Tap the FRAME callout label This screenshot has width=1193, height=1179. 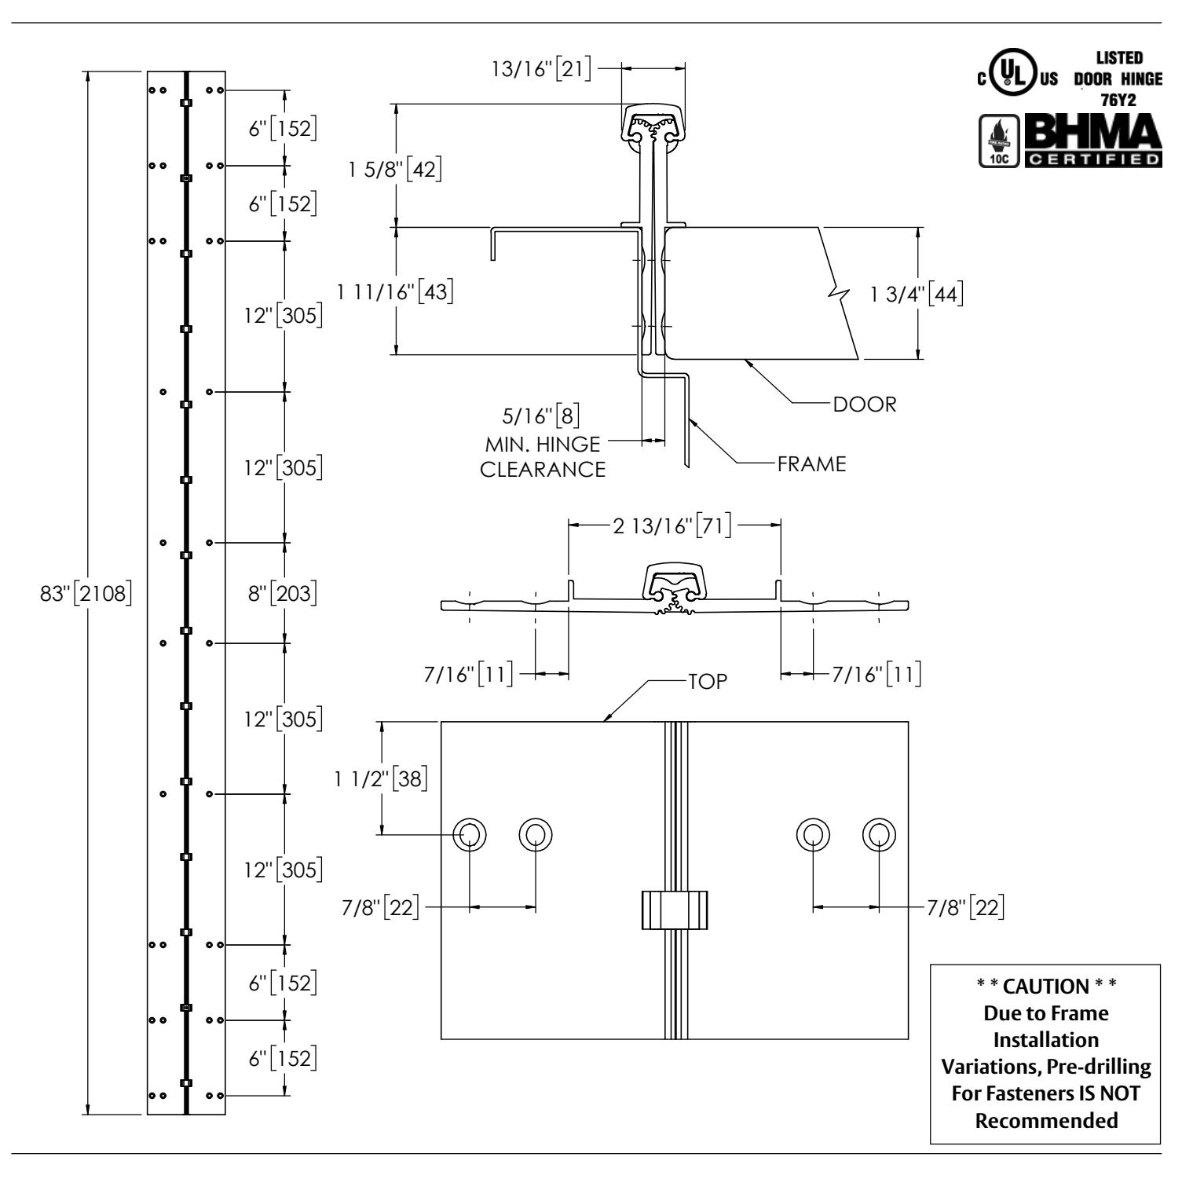tap(812, 464)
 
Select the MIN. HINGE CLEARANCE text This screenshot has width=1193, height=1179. tap(543, 457)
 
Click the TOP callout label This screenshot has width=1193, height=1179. tap(708, 682)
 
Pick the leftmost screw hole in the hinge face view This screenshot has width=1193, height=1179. tap(470, 833)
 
